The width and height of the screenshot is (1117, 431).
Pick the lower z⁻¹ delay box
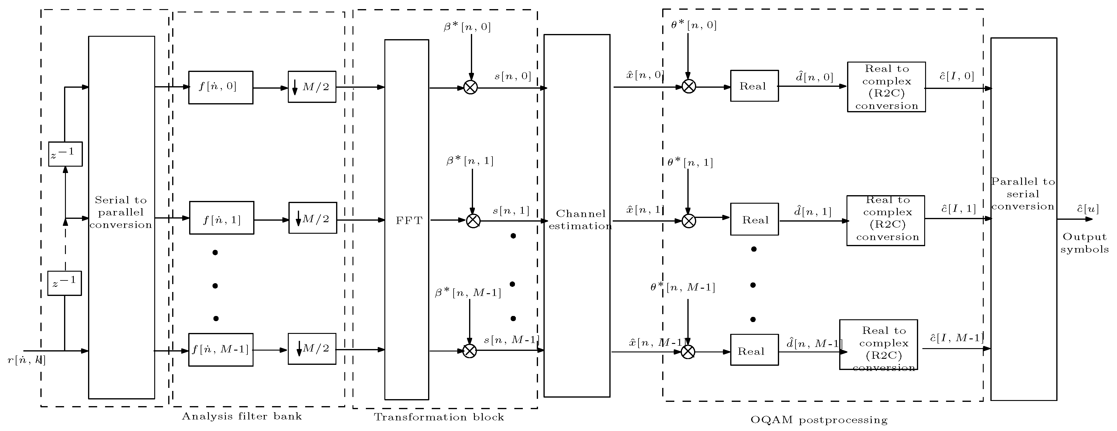pos(65,283)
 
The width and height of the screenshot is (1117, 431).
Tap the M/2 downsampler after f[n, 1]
pos(313,218)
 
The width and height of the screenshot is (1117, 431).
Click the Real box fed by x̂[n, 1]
pos(754,219)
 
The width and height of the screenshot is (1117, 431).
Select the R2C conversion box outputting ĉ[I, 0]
pos(886,87)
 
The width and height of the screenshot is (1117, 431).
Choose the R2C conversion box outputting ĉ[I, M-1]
pos(878,345)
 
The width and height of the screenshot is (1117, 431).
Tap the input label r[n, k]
pos(27,360)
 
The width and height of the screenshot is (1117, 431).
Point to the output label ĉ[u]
pos(1088,209)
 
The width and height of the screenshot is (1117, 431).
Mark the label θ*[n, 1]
pos(690,163)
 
